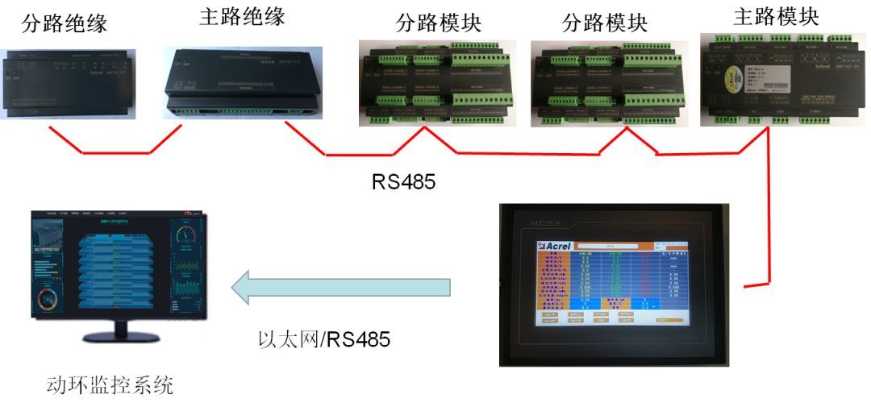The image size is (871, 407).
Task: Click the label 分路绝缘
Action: [x=65, y=23]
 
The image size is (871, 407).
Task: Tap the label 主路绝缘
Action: [x=241, y=18]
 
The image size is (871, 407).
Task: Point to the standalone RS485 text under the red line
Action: [x=403, y=181]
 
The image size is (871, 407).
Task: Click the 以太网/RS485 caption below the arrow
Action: [x=323, y=339]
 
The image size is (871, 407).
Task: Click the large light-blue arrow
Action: [x=339, y=288]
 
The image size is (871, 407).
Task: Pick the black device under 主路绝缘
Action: [x=238, y=81]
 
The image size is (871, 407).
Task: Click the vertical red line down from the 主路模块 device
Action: [x=767, y=210]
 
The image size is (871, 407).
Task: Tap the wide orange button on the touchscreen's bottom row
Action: [x=669, y=320]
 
